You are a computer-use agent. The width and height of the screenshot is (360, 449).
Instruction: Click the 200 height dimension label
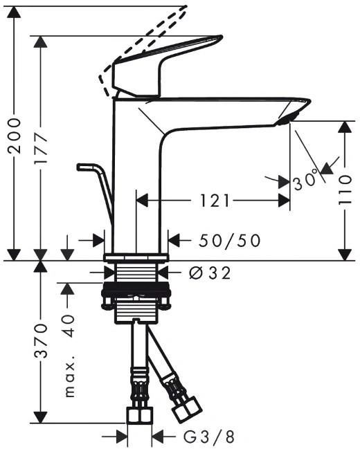pos(15,136)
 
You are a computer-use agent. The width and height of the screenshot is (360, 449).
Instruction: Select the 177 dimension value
pos(40,148)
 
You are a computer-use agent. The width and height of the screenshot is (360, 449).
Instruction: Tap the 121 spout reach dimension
pos(215,201)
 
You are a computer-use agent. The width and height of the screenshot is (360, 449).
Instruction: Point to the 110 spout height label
pos(345,190)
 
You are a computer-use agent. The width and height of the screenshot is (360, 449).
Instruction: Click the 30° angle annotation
pos(306,181)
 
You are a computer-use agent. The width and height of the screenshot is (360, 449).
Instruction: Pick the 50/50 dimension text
pos(230,241)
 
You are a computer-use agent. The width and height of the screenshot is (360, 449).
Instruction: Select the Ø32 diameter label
pos(210,273)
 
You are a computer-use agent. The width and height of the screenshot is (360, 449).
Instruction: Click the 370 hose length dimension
pos(40,341)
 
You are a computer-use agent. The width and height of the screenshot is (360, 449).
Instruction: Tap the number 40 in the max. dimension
pos(69,326)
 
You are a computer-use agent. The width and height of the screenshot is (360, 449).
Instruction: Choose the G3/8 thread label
pos(209,437)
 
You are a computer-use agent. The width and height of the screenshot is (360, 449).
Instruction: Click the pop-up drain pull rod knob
pos(85,167)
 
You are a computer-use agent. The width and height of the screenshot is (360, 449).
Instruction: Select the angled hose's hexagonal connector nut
pos(187,410)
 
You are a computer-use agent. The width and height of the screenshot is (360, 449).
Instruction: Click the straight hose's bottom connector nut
pos(139,416)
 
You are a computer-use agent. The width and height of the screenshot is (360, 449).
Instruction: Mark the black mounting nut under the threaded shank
pos(136,289)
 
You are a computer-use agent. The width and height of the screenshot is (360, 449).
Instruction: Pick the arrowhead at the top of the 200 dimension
pos(15,12)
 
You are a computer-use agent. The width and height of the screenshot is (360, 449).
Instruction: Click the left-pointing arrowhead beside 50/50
pos(174,240)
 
